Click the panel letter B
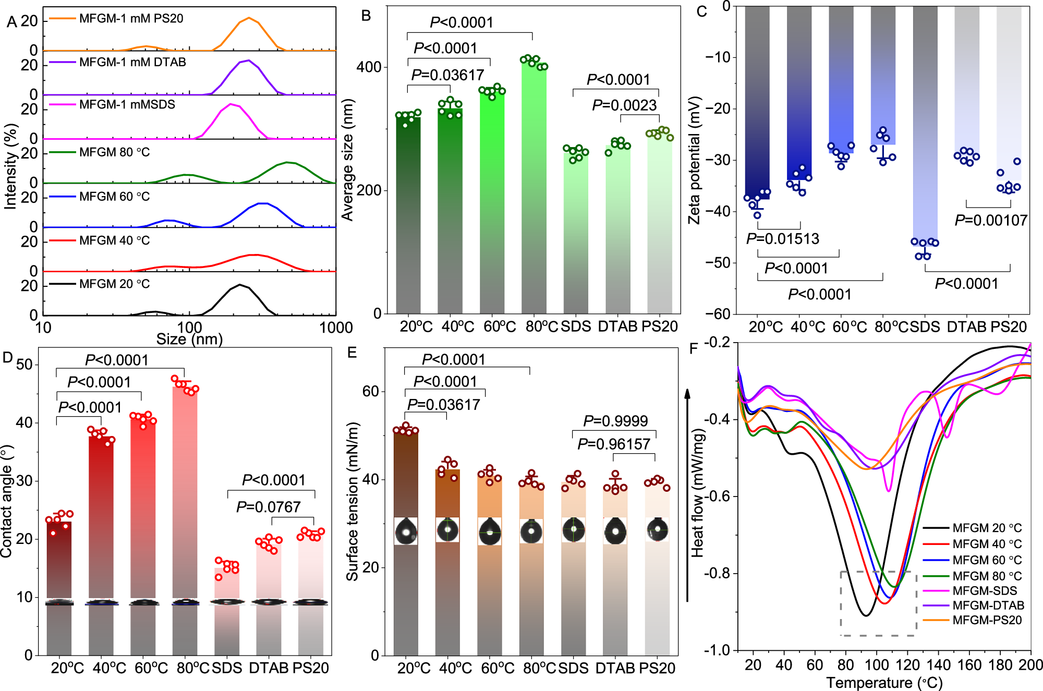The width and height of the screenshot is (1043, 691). click(x=366, y=16)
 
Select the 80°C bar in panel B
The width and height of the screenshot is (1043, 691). click(x=534, y=188)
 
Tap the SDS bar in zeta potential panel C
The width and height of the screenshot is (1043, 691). click(x=925, y=125)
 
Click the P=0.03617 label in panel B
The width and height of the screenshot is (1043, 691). click(x=447, y=75)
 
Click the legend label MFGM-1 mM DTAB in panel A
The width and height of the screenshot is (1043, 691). click(x=132, y=62)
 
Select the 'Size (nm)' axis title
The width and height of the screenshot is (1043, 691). click(x=189, y=340)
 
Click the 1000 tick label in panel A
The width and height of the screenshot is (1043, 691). click(x=336, y=328)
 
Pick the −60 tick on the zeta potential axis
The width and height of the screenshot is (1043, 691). click(x=720, y=313)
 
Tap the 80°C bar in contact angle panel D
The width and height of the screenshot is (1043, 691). click(x=185, y=495)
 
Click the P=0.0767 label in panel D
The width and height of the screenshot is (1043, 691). click(x=269, y=507)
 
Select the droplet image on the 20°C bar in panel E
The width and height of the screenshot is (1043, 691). click(x=406, y=531)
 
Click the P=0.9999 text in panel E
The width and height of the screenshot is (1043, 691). click(x=615, y=421)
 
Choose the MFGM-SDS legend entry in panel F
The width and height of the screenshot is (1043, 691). click(x=985, y=591)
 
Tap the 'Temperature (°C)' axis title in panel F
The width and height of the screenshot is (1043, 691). click(x=884, y=683)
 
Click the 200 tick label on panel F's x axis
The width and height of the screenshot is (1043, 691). click(x=1030, y=665)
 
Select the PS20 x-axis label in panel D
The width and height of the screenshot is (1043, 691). click(x=311, y=668)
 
